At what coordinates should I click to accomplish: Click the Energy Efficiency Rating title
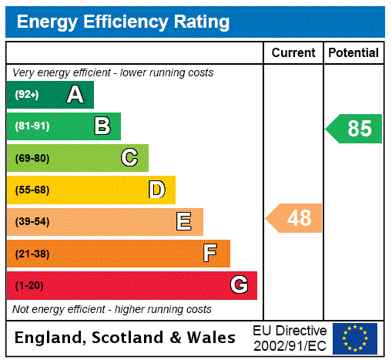click(x=123, y=22)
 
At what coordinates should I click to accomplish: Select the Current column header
click(x=293, y=53)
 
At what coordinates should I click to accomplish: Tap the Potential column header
click(x=353, y=53)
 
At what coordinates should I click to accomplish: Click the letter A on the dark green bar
click(x=75, y=95)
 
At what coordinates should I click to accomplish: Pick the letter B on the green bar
click(x=102, y=126)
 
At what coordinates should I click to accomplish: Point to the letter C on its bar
click(x=129, y=158)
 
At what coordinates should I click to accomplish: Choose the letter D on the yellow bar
click(x=156, y=190)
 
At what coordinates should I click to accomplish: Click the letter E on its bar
click(x=184, y=222)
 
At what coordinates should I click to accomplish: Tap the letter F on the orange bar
click(x=210, y=253)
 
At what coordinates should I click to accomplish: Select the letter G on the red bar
click(x=239, y=285)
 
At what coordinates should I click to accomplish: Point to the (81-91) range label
click(x=32, y=126)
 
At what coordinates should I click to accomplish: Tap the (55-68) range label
click(x=32, y=190)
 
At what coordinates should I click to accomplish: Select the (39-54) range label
click(x=32, y=222)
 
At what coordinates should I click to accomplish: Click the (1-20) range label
click(x=29, y=285)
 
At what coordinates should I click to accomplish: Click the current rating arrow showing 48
click(x=295, y=218)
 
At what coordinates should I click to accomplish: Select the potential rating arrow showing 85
click(x=355, y=128)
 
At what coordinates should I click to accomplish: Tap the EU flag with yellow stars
click(x=355, y=338)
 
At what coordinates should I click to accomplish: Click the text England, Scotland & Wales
click(x=126, y=338)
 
